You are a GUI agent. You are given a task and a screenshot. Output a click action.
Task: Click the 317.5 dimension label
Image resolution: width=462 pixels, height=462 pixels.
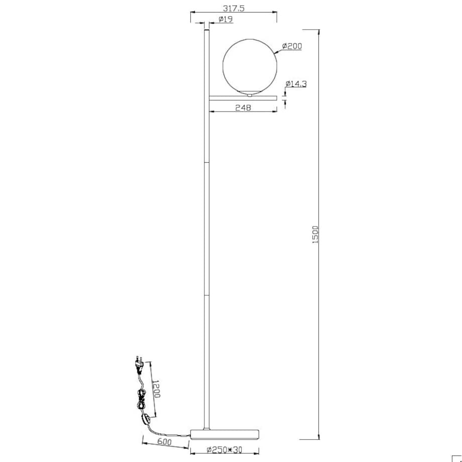[234, 8]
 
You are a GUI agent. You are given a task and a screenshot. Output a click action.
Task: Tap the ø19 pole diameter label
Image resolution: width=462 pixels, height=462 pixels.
[225, 20]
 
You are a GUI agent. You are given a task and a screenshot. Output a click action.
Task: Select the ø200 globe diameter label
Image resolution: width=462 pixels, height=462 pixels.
[292, 46]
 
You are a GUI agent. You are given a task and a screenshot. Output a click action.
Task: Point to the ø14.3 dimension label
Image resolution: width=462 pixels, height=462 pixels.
[296, 84]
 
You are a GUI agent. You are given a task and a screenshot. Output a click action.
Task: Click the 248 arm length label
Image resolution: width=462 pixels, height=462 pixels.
[244, 108]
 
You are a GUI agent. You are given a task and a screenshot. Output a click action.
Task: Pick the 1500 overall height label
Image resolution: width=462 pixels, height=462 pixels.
[315, 235]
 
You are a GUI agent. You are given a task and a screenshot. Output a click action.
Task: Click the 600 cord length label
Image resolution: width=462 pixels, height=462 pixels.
[164, 442]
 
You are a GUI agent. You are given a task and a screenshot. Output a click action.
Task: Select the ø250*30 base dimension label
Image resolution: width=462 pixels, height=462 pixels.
[224, 450]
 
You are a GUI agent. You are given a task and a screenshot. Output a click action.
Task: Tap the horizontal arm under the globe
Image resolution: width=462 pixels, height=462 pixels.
[243, 98]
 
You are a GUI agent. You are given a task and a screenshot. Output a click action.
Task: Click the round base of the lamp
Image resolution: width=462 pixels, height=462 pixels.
[225, 434]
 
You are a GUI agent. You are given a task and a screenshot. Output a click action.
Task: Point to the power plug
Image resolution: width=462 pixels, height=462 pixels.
[139, 364]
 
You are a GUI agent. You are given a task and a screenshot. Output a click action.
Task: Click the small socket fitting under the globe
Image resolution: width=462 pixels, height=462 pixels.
[250, 95]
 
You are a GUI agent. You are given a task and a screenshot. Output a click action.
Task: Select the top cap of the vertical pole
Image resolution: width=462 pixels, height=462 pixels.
[206, 30]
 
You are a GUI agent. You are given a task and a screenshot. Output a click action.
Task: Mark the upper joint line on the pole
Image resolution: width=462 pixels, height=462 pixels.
[206, 162]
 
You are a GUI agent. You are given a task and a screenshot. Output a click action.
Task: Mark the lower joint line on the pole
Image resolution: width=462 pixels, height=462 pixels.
[206, 295]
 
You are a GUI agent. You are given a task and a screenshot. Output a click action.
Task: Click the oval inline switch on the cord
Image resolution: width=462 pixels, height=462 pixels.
[146, 420]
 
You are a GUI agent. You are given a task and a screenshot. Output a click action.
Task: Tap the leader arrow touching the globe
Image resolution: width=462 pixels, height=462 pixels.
[279, 52]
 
